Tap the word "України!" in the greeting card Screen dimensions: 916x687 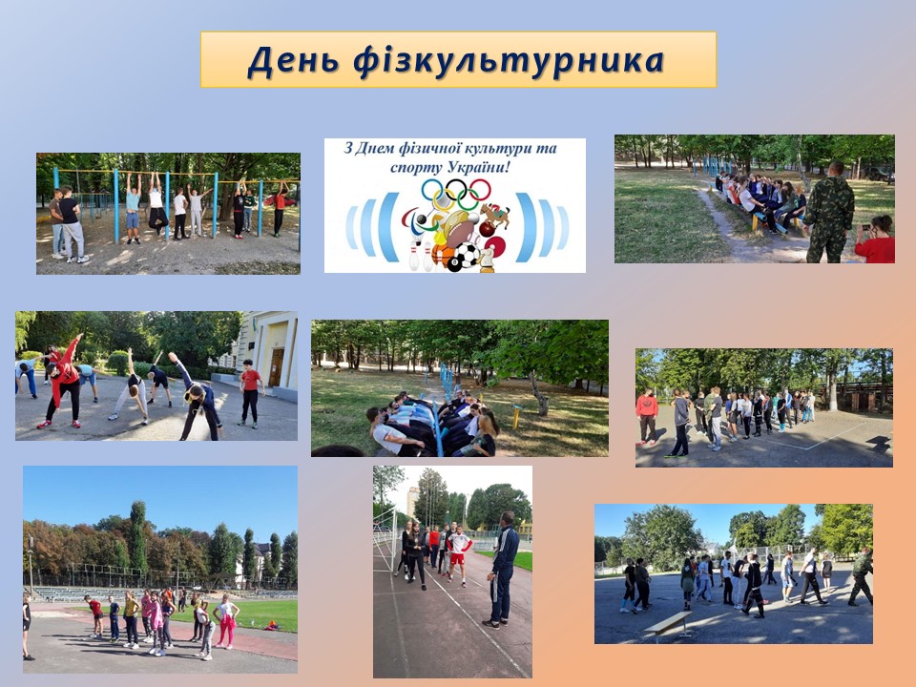point(479,168)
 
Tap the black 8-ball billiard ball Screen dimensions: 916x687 point(454,264)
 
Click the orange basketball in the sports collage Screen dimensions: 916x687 point(442,256)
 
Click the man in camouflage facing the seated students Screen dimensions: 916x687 point(829,212)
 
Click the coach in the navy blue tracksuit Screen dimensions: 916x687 point(503,570)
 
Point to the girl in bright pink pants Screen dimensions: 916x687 point(226,621)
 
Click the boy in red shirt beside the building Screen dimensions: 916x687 point(250,393)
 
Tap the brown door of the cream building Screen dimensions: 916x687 point(276,366)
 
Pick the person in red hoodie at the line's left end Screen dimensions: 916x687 point(647,415)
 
